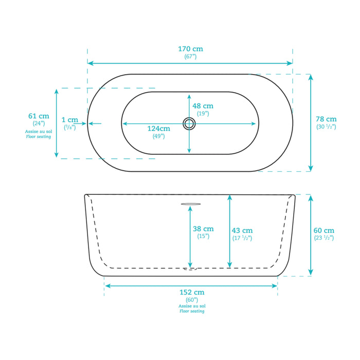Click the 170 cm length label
(x=191, y=49)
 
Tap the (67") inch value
(x=191, y=57)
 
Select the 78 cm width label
(x=326, y=119)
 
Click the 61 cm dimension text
(x=39, y=116)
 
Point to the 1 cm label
(x=70, y=120)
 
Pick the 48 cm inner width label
(x=203, y=106)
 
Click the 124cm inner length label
(x=158, y=129)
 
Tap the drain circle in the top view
(x=189, y=123)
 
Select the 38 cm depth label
(x=203, y=229)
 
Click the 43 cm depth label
(x=242, y=230)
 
